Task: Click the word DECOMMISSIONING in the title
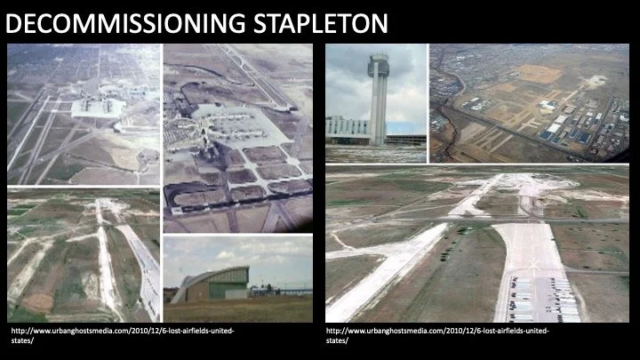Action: (x=126, y=23)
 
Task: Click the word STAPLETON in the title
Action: (x=320, y=23)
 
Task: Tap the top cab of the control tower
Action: (x=378, y=65)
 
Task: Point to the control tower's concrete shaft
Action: (x=378, y=111)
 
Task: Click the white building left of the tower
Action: (x=348, y=129)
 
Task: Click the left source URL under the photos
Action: (x=123, y=335)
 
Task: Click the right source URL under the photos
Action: (x=437, y=335)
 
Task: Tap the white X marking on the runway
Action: (x=533, y=265)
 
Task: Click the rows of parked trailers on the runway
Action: (x=543, y=300)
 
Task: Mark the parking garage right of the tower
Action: (x=405, y=140)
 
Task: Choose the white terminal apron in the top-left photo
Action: (x=98, y=108)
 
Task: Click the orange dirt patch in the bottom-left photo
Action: (x=37, y=302)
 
